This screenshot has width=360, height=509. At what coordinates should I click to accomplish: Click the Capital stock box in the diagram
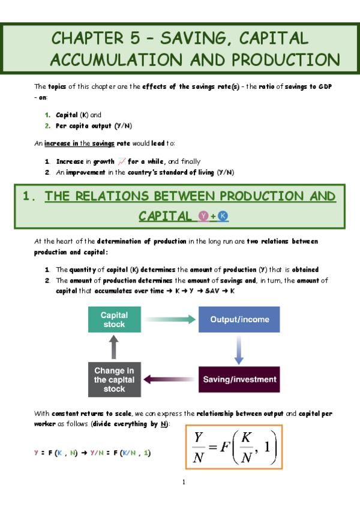(113, 320)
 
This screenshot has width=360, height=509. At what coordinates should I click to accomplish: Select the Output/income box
(239, 320)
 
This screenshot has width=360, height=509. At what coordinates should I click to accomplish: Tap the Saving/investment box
(239, 379)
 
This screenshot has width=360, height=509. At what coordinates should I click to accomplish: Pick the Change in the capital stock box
(113, 379)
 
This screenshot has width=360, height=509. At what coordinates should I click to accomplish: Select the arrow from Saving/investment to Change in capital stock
(171, 379)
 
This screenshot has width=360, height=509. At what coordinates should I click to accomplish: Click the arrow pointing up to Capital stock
(113, 348)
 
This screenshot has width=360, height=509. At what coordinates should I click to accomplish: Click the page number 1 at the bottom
(184, 482)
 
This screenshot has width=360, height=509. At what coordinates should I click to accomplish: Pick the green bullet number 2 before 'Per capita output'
(47, 126)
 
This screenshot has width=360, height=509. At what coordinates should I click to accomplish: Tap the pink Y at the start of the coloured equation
(37, 453)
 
